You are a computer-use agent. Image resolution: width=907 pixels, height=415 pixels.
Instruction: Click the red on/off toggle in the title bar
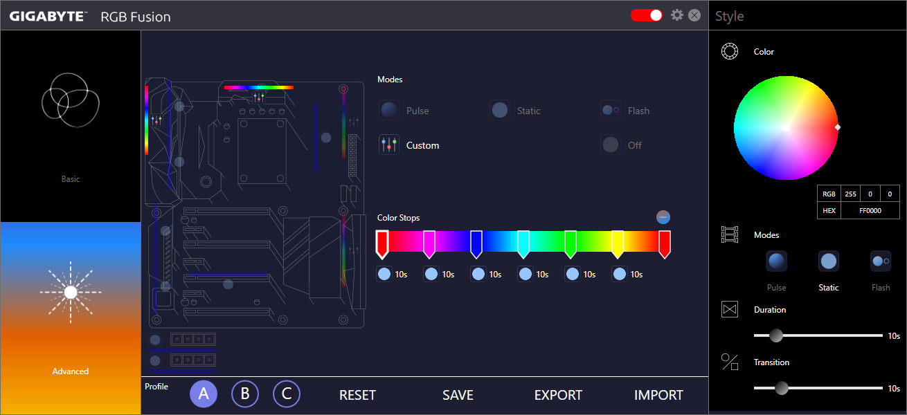646,15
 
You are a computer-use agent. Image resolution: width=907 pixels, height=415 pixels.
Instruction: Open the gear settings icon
677,15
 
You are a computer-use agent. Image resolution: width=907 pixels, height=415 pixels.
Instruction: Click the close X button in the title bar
694,15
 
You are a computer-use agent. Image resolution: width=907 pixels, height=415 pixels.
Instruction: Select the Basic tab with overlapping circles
71,126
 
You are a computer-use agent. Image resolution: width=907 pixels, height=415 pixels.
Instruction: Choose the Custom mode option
409,145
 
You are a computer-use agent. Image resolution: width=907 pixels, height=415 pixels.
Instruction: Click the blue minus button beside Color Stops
663,217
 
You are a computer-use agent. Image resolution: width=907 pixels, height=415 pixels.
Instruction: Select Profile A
204,394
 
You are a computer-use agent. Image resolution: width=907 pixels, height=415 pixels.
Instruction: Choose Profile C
286,394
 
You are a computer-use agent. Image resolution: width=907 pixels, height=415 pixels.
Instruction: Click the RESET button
357,395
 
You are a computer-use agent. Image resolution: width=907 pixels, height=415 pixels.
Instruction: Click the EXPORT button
558,395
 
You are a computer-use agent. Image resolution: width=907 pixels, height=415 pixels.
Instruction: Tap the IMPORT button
658,395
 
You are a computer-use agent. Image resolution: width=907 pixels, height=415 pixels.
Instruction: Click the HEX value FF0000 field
870,210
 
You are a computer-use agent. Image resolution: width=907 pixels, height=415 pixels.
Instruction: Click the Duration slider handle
776,335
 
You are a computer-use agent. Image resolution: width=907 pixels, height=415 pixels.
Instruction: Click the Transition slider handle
782,388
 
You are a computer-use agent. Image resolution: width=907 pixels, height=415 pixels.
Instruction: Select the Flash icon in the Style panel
880,261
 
